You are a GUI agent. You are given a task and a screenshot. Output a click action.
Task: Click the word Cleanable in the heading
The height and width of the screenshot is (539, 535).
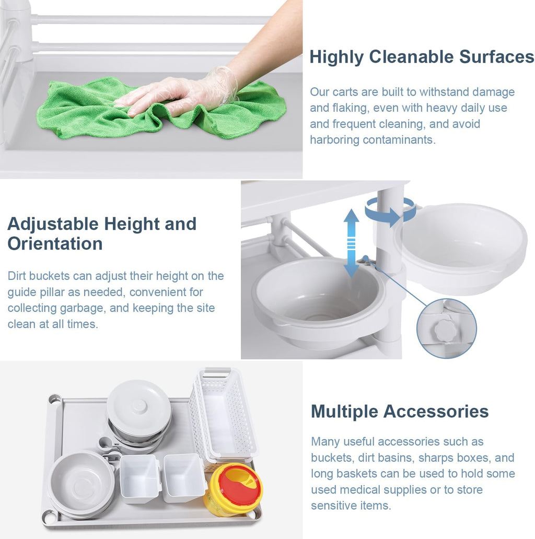pyautogui.click(x=411, y=57)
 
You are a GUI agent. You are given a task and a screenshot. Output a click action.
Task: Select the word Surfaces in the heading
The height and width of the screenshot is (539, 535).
pyautogui.click(x=496, y=57)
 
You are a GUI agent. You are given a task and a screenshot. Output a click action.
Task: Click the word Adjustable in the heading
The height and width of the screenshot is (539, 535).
pyautogui.click(x=53, y=225)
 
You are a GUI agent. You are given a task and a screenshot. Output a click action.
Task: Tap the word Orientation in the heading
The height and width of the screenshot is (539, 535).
pyautogui.click(x=55, y=244)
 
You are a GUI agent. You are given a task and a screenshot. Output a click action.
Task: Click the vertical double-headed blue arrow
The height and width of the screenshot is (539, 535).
pyautogui.click(x=351, y=243)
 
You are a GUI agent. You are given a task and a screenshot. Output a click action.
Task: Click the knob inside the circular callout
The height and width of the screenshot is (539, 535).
pyautogui.click(x=445, y=331)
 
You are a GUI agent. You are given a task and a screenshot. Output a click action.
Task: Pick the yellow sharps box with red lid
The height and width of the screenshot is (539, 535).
pyautogui.click(x=232, y=489)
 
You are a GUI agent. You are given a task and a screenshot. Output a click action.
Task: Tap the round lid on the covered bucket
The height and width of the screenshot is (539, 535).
pyautogui.click(x=138, y=406)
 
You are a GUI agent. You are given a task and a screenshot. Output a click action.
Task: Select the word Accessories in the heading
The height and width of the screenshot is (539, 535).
pyautogui.click(x=436, y=412)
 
